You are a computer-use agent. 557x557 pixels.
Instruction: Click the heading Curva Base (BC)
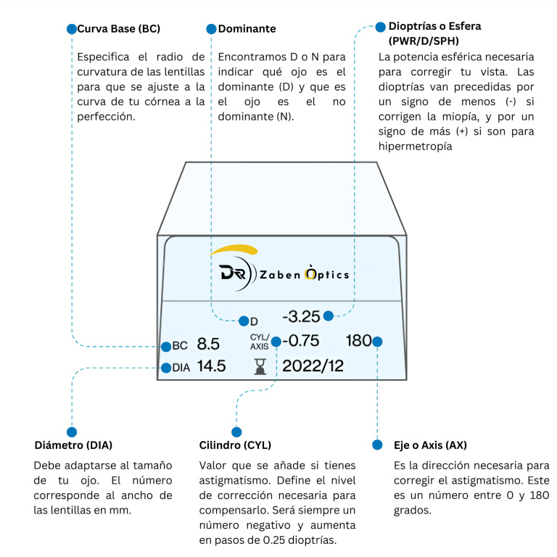119,29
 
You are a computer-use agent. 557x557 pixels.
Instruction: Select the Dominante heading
247,29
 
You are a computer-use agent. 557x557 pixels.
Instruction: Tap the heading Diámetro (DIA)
73,445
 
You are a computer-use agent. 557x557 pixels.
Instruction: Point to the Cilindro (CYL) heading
235,445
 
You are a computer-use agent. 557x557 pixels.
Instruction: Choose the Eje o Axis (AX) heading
430,445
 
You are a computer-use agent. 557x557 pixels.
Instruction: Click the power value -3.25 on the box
301,316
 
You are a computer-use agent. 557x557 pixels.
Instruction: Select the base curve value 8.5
208,344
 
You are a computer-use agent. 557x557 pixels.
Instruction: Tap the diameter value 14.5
211,366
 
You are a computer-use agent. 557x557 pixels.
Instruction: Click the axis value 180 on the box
359,341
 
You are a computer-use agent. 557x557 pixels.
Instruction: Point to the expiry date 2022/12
313,366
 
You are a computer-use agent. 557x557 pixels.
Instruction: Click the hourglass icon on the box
260,366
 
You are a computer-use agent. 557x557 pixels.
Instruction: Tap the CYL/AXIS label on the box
260,342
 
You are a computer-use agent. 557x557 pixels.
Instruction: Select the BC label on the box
180,346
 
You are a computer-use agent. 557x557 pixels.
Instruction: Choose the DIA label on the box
181,368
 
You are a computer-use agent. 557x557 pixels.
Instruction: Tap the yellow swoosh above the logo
234,249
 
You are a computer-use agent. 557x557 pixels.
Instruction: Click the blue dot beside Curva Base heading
72,29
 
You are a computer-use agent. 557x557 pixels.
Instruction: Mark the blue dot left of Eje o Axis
377,445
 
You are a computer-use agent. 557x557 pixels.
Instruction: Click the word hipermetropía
416,147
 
